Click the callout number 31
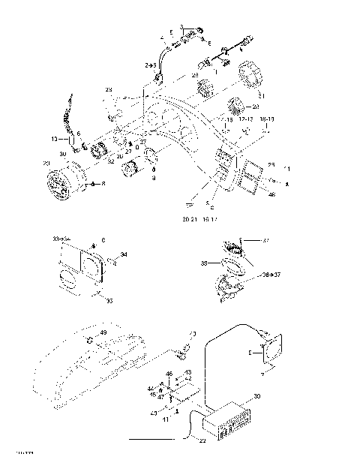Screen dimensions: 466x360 [261, 95]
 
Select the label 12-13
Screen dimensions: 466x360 [245, 119]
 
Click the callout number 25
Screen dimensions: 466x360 [271, 164]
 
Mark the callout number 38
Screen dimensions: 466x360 [203, 264]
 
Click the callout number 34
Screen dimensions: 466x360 [124, 255]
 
